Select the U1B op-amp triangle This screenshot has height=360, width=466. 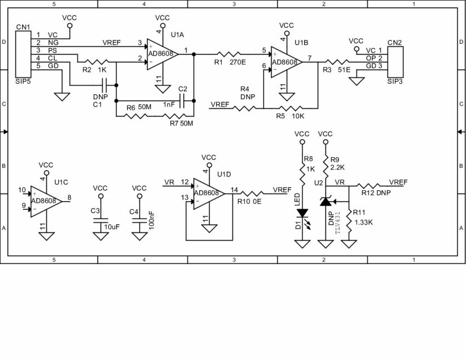click(286, 62)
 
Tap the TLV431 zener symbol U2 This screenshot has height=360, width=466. click(326, 203)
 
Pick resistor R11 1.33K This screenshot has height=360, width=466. click(349, 218)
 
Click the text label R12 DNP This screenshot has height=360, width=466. click(375, 192)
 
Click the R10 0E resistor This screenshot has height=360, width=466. click(252, 193)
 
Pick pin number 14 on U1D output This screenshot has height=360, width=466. click(234, 190)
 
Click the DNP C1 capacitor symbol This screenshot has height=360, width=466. click(104, 85)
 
